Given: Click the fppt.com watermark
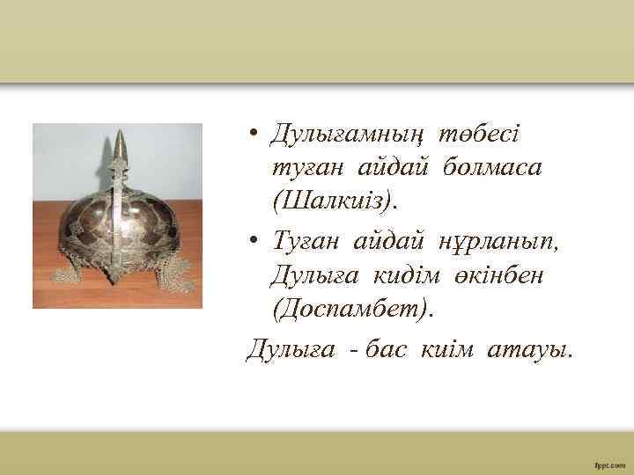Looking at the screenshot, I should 607,463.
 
